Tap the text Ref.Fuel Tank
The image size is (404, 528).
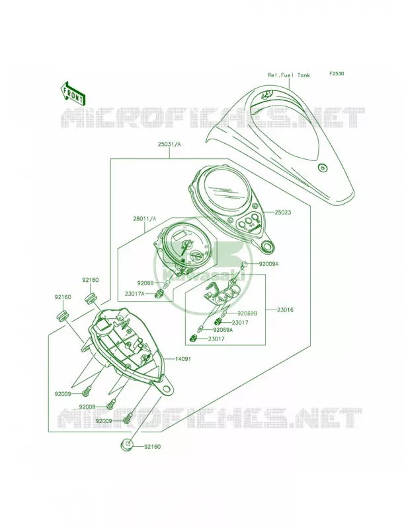point(289,75)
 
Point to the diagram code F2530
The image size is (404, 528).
point(337,73)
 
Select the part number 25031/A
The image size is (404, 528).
point(169,145)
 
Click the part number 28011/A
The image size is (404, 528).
point(145,219)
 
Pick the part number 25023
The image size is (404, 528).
point(282,213)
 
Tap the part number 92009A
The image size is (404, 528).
point(268,265)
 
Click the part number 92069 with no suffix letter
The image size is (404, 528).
point(145,283)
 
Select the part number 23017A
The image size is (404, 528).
point(135,294)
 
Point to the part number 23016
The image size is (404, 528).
point(285,310)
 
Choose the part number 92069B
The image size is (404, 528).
point(247,313)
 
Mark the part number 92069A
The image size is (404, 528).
point(223,331)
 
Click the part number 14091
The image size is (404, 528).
point(182,359)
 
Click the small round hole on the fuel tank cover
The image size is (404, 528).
point(323,168)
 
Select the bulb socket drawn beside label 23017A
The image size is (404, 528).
point(157,294)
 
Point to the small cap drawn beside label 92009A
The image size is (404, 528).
point(245,265)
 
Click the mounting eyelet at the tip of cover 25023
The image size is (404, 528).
point(268,247)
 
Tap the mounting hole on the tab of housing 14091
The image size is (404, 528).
point(166,389)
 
